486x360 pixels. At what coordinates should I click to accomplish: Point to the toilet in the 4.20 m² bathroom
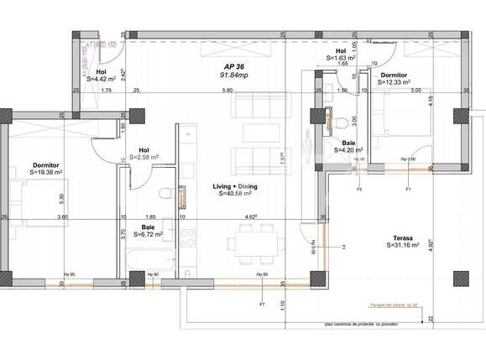click(345, 126)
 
